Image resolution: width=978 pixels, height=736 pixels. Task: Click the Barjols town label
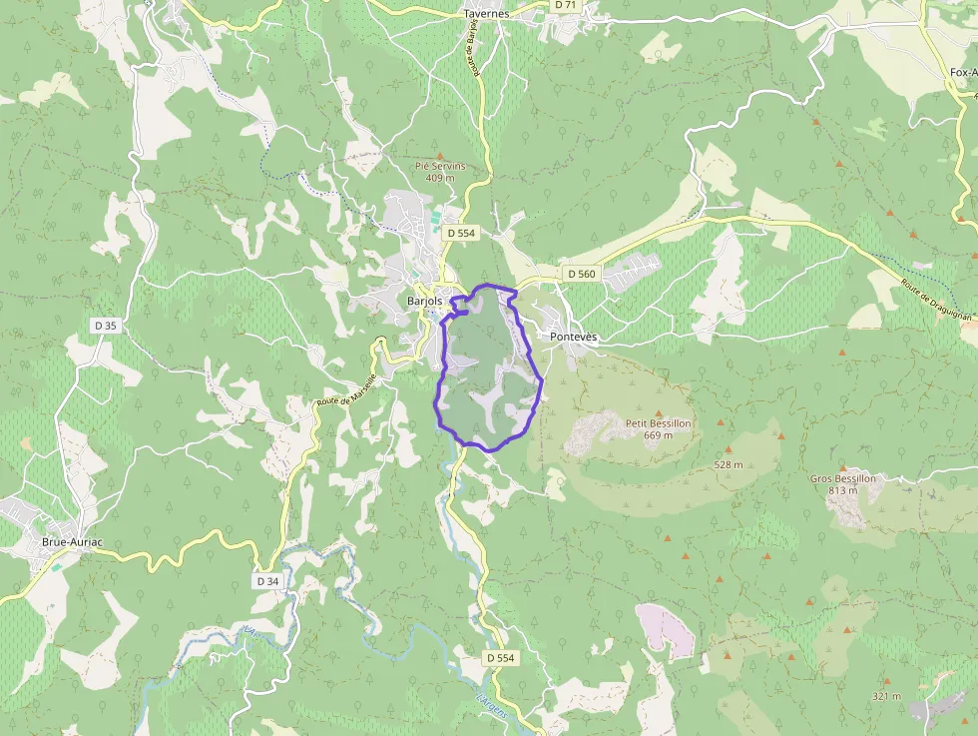click(424, 301)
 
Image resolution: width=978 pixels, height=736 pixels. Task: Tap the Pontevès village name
click(574, 338)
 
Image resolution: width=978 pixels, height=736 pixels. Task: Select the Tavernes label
click(486, 14)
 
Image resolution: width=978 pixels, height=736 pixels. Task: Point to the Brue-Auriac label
click(73, 542)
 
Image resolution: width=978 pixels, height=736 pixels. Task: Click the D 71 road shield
click(566, 5)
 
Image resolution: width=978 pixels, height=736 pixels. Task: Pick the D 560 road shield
click(581, 273)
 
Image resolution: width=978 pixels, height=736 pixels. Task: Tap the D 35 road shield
click(106, 326)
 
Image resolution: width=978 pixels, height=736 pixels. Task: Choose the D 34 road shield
click(267, 580)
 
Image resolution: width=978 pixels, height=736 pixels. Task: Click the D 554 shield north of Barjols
click(462, 233)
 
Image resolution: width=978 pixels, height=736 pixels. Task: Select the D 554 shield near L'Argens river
click(501, 658)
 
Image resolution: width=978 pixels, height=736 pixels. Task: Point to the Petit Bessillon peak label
click(658, 423)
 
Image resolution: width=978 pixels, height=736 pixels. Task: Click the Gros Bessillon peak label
click(843, 478)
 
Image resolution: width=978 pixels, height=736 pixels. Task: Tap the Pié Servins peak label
click(440, 167)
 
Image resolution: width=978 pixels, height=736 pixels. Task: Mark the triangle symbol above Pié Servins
click(440, 155)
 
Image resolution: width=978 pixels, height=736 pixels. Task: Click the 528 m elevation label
click(730, 465)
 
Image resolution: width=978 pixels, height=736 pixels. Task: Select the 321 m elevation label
click(886, 696)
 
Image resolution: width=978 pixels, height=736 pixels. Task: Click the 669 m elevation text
click(658, 435)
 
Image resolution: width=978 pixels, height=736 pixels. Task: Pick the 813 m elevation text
click(843, 490)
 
